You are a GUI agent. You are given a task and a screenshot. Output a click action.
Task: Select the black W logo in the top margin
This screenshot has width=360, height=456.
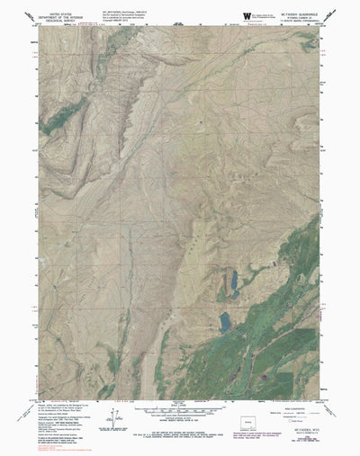[247, 16]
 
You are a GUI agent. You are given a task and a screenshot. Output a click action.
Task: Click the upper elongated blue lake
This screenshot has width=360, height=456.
[234, 284]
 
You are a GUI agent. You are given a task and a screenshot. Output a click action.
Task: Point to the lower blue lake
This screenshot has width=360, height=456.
[223, 320]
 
